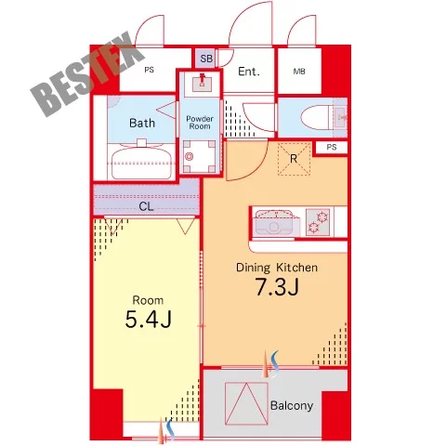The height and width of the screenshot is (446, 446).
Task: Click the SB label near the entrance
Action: pos(206,59)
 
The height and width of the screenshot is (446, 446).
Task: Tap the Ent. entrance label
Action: pos(249,72)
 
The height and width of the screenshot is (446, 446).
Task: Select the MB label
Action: pos(299,72)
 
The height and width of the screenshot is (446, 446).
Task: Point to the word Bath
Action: pos(142,123)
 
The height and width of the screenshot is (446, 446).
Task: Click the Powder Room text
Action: pos(200,123)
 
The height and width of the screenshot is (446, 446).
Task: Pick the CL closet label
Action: pos(146,206)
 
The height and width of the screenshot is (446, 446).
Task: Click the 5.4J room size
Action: pos(149,320)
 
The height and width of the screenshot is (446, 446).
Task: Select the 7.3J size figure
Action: pos(277,286)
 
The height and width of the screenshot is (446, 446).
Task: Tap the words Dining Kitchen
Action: pos(277,268)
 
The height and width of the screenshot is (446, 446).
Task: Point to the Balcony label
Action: pos(292,405)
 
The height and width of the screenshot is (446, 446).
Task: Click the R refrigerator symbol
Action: pos(294,159)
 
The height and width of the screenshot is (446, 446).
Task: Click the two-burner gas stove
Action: pos(318,222)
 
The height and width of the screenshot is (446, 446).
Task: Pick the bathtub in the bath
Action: pos(141,163)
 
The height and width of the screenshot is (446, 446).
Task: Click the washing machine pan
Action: pos(199,156)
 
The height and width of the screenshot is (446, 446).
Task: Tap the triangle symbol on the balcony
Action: pos(246,403)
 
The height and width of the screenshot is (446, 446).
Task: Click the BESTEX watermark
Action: pos(87,74)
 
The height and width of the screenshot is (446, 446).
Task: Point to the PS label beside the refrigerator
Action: pos(332,147)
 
